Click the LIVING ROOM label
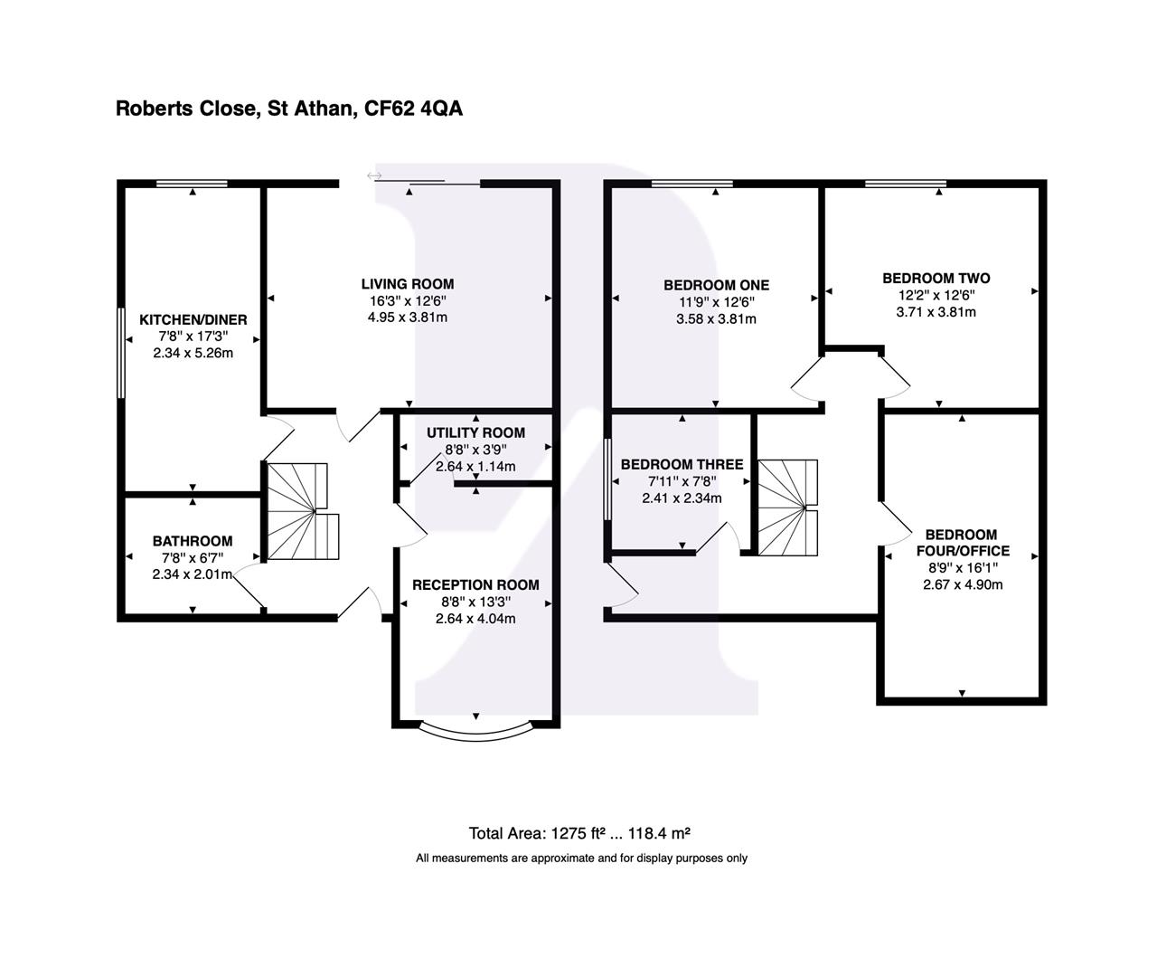408,284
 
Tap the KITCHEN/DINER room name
193,320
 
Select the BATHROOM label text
192,541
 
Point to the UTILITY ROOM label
475,432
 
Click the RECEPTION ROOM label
475,585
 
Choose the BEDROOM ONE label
716,285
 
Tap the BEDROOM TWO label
936,278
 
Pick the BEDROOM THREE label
682,464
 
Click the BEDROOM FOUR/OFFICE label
962,543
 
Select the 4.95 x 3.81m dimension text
408,318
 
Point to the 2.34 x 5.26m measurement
193,353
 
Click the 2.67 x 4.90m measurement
963,584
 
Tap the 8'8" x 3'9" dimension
475,450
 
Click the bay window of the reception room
476,728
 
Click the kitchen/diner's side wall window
121,353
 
